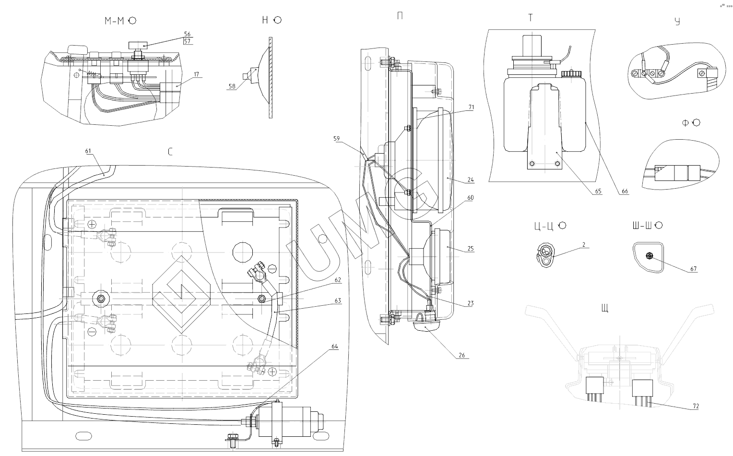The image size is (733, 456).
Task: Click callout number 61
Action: pyautogui.click(x=88, y=151)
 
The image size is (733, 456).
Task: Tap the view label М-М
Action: pyautogui.click(x=115, y=21)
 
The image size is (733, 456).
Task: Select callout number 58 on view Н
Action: pyautogui.click(x=232, y=86)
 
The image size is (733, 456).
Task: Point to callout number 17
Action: pyautogui.click(x=197, y=74)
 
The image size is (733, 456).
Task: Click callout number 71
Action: pyautogui.click(x=471, y=108)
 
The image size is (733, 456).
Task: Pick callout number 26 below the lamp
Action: pyautogui.click(x=461, y=355)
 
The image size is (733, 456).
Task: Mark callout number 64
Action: pyautogui.click(x=334, y=346)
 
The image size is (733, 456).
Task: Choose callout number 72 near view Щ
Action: pyautogui.click(x=696, y=406)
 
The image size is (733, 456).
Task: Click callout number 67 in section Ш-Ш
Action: pyautogui.click(x=694, y=269)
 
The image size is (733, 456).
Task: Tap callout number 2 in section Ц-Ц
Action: pyautogui.click(x=583, y=244)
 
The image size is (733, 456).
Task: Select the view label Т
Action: pyautogui.click(x=530, y=18)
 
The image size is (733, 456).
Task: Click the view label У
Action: pyautogui.click(x=677, y=22)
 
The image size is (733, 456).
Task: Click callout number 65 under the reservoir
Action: pyautogui.click(x=598, y=191)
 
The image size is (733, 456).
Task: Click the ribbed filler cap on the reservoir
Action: pyautogui.click(x=571, y=73)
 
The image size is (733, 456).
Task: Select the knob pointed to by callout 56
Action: pyautogui.click(x=137, y=45)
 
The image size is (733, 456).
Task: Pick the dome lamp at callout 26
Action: pyautogui.click(x=428, y=327)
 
